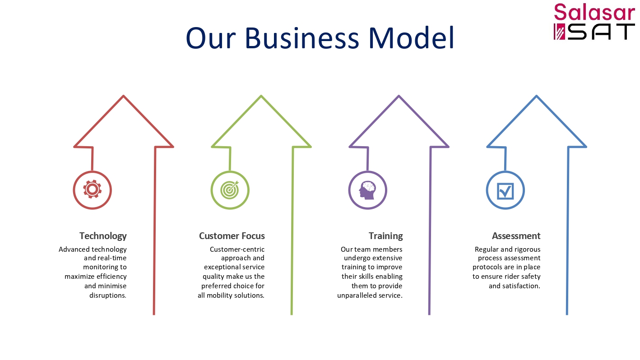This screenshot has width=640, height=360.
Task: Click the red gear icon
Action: point(92,189)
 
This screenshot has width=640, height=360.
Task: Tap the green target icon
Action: point(230,189)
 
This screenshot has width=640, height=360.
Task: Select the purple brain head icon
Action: point(367,190)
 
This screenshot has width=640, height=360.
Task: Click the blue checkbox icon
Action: point(505,191)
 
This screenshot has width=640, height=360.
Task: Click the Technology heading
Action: point(103,236)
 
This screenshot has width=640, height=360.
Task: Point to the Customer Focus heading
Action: point(232,236)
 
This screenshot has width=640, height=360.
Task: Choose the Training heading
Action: point(385,236)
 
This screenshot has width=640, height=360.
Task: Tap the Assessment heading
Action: point(516,236)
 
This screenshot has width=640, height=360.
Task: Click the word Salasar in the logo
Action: point(594,12)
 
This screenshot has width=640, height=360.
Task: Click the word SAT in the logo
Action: point(601,32)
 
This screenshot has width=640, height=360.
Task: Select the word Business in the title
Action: point(301,38)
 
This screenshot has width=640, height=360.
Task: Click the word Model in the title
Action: point(412,38)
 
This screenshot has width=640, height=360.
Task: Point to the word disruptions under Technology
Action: point(108,295)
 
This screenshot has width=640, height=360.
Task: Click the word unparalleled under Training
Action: point(357,295)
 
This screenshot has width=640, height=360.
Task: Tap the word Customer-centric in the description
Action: point(237,249)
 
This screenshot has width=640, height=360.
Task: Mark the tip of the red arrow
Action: point(123,96)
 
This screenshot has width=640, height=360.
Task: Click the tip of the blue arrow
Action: point(536,96)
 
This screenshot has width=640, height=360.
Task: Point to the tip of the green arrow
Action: point(261,96)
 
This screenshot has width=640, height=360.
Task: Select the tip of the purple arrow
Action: point(399,96)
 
